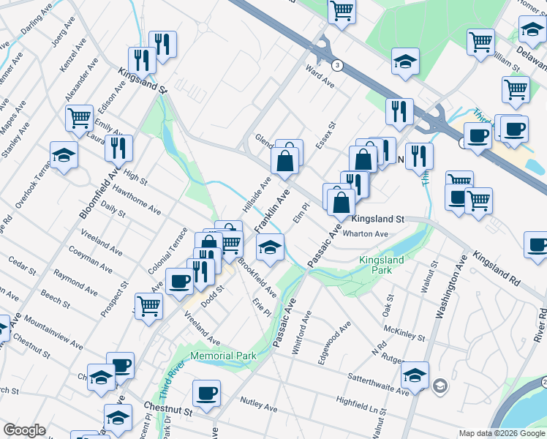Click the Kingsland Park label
374,265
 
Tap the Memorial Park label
223,356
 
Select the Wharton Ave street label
370,234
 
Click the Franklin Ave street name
272,210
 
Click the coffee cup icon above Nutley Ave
207,393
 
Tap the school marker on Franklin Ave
270,247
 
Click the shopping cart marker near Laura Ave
79,117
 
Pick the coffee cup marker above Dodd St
179,280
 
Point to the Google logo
24,430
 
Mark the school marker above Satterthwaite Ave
415,375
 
